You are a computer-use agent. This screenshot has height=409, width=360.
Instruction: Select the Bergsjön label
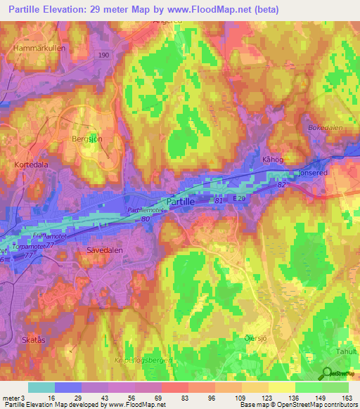pyautogui.click(x=87, y=139)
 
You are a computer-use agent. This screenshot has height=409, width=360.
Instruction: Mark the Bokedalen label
pyautogui.click(x=323, y=128)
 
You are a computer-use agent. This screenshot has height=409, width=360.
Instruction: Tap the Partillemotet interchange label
pyautogui.click(x=146, y=210)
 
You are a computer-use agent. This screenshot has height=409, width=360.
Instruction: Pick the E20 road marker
pyautogui.click(x=240, y=200)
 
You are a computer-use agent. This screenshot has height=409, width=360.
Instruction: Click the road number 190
pyautogui.click(x=104, y=55)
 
